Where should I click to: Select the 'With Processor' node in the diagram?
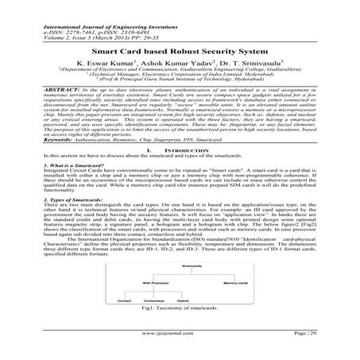(154, 283)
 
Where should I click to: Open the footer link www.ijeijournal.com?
(180, 348)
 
